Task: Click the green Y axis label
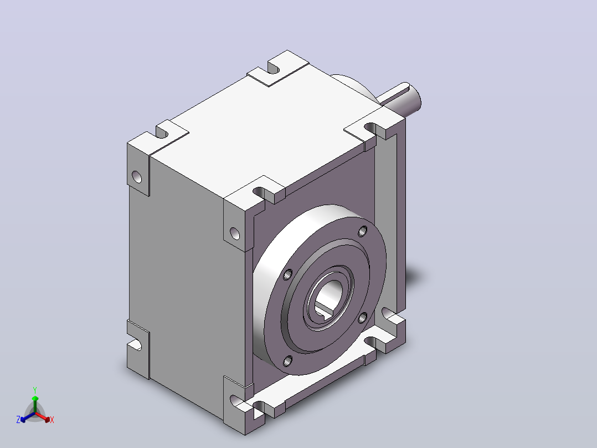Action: coord(35,390)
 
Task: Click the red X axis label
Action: coord(52,420)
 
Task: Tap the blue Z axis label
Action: coord(18,419)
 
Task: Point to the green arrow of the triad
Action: coord(35,404)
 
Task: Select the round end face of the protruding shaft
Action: coord(416,98)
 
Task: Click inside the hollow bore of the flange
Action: coord(327,297)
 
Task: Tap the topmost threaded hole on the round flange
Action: coord(363,231)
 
